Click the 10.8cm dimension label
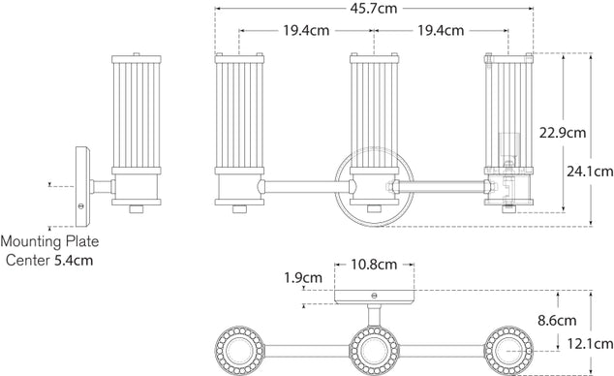374,264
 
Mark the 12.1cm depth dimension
591,344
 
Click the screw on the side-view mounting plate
82,204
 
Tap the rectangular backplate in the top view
374,298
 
